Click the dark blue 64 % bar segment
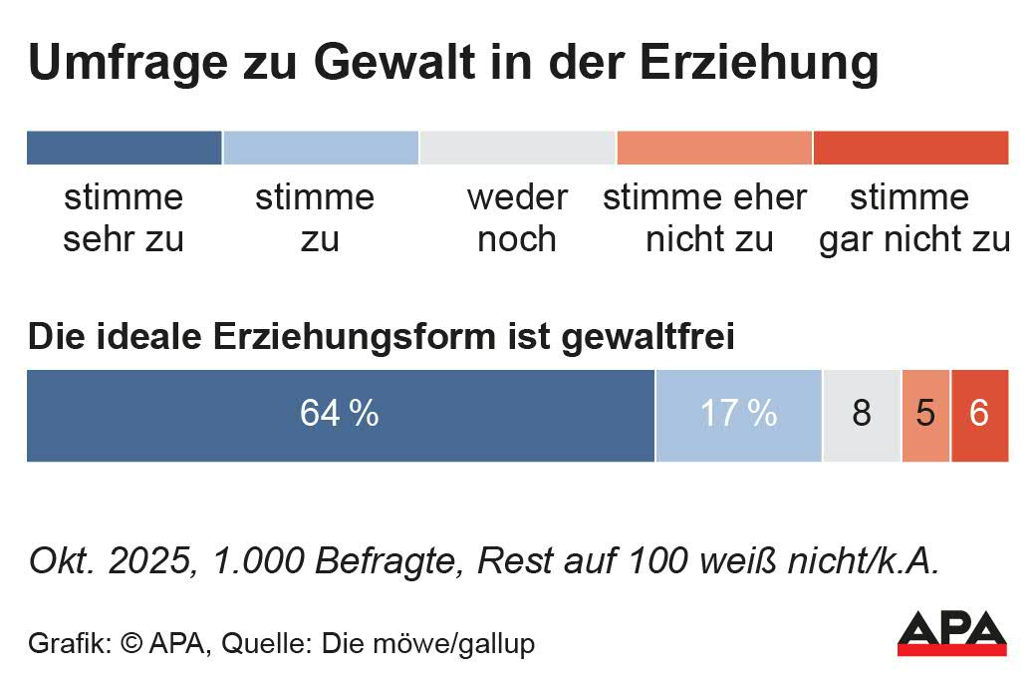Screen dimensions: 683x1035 (340, 415)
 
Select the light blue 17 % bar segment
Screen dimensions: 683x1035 (738, 415)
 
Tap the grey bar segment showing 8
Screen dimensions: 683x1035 (862, 415)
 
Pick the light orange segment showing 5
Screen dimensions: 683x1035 (926, 415)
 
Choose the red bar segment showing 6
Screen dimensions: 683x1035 (979, 415)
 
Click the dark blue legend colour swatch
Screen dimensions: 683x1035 (124, 148)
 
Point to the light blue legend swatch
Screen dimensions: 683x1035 (320, 148)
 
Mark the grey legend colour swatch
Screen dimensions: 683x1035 (517, 148)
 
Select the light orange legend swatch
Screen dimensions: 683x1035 (714, 148)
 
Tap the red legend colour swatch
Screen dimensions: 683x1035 (910, 148)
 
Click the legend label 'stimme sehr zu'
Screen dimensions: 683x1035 (124, 218)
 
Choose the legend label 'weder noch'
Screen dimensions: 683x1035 (517, 218)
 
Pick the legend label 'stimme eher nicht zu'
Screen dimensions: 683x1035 (704, 218)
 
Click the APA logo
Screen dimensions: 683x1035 (952, 632)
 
